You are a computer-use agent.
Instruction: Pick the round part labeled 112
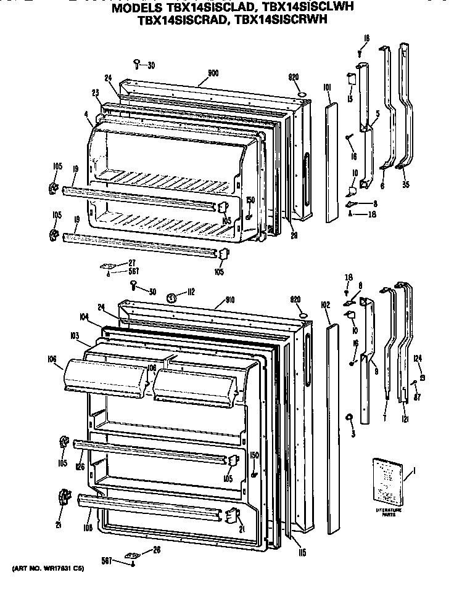(x=173, y=298)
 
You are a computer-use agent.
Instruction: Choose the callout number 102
(x=326, y=304)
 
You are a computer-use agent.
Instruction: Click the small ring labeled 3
(x=349, y=419)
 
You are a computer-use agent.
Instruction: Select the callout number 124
(x=418, y=358)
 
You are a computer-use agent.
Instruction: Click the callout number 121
(x=405, y=419)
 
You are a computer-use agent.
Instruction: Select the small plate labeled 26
(x=131, y=555)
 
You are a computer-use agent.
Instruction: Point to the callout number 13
(x=349, y=99)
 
